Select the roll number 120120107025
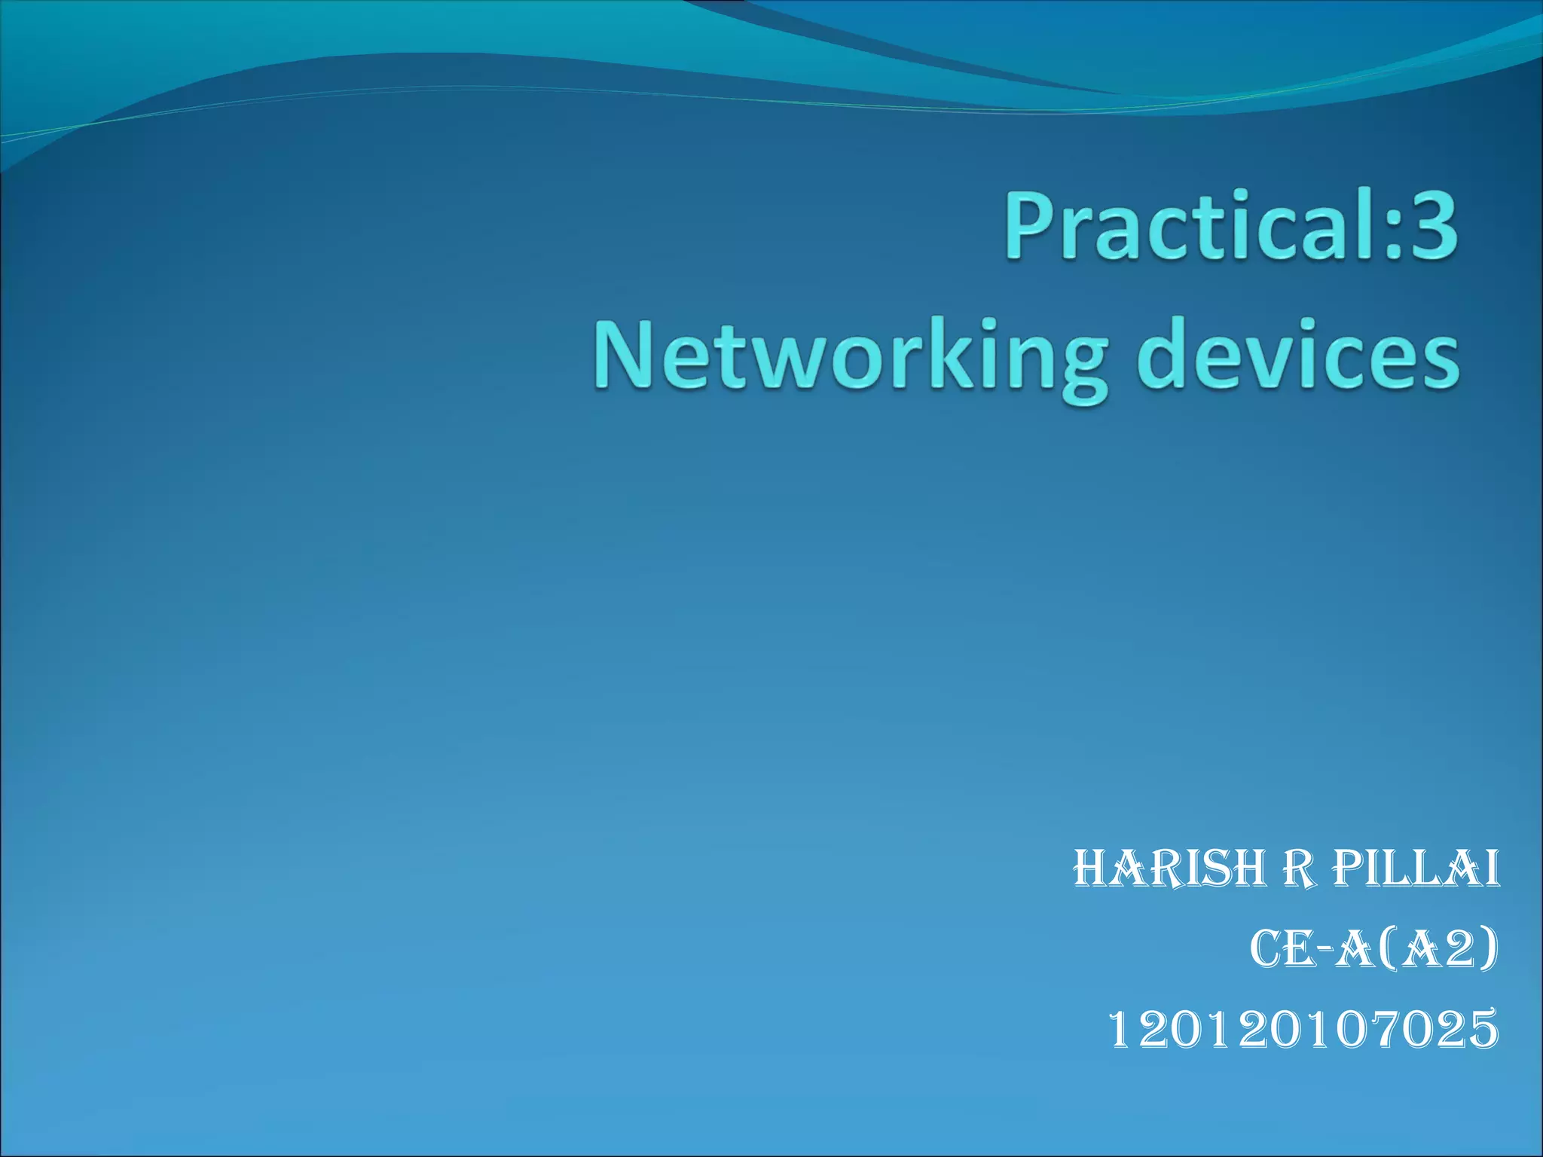click(1304, 1030)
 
